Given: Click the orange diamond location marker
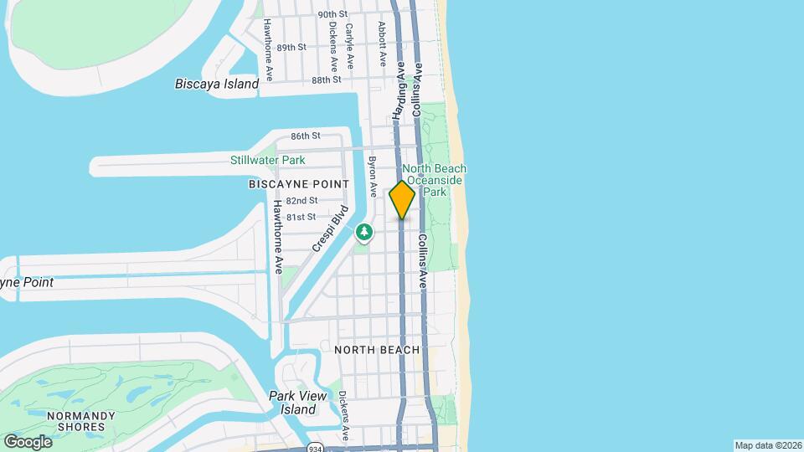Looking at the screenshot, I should pos(402,199).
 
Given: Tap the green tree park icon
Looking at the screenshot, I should pos(364,232).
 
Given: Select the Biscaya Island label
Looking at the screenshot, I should pos(217,84).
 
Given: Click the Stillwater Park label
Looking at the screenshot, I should pos(268,160).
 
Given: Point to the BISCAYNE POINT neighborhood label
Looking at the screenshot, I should pos(298,183).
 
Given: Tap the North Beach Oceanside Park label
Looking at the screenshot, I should pos(434,180).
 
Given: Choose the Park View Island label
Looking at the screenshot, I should pos(292,403).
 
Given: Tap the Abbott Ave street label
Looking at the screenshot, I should pos(382,44).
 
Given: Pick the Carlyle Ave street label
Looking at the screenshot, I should pos(350,44).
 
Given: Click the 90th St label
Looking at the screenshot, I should pos(332,14).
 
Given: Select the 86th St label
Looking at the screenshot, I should pos(306,136).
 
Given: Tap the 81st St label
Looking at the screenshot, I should pos(300,217).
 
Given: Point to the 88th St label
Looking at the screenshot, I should pos(326,80).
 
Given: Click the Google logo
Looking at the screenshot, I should pos(28,441).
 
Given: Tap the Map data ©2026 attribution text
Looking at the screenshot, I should pos(767,445).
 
